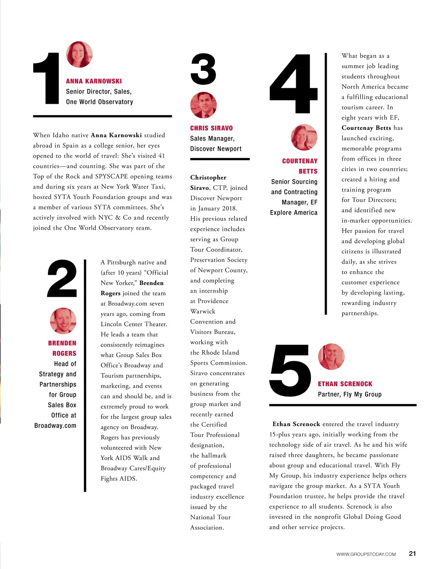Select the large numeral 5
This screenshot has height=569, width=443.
[x=291, y=370]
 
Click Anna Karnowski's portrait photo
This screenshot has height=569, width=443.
[x=79, y=54]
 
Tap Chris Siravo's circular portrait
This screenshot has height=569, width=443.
[x=203, y=105]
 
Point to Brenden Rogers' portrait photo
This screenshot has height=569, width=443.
[x=63, y=321]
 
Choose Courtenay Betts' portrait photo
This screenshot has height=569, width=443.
[x=304, y=137]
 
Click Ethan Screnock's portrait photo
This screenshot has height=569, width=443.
[x=331, y=356]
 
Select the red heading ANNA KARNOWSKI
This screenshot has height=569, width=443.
[x=94, y=81]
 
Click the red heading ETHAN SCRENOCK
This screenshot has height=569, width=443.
[x=345, y=384]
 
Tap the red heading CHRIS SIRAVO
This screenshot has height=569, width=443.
[x=212, y=128]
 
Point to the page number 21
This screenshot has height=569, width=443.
[x=412, y=553]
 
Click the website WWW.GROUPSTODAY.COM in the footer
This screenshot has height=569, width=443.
[x=366, y=554]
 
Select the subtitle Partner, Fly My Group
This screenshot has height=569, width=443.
[x=350, y=394]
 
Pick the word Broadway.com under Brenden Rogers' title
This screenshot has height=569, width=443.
[x=55, y=425]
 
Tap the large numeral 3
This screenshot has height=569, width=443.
[x=203, y=69]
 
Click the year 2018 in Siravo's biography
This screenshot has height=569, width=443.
[x=230, y=208]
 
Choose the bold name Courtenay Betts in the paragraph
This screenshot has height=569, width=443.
[x=366, y=128]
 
